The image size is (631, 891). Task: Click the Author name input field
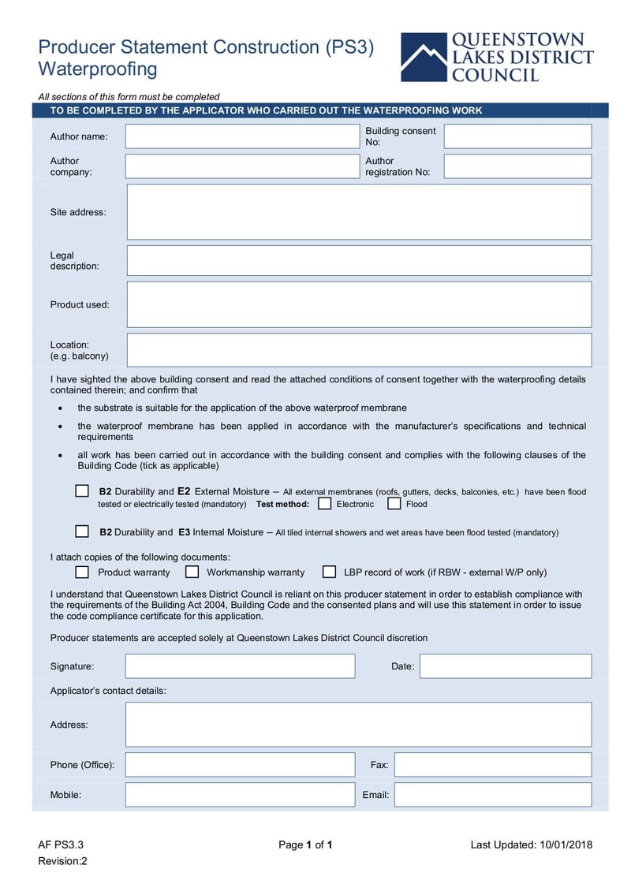(x=242, y=136)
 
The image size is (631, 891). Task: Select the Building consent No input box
(x=517, y=136)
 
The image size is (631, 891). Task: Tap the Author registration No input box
(x=517, y=166)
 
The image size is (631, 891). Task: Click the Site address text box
(x=359, y=212)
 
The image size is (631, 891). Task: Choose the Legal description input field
(x=359, y=261)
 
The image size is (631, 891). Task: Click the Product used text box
(x=359, y=304)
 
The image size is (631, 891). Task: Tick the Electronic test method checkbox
(x=324, y=504)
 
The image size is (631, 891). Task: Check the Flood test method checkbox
(x=394, y=504)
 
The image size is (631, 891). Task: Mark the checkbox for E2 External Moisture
(x=82, y=491)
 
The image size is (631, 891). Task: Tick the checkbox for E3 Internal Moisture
(x=82, y=531)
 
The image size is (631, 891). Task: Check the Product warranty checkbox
(x=82, y=572)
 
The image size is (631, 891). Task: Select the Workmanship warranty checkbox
(x=192, y=572)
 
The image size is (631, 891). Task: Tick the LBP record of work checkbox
(x=329, y=572)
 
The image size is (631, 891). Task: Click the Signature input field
(x=240, y=666)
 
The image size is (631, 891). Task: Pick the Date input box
(x=505, y=666)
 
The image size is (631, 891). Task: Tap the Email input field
(x=492, y=795)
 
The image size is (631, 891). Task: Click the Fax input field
(x=492, y=765)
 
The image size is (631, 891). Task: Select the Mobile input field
(x=240, y=795)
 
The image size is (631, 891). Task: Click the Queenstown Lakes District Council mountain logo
(x=424, y=57)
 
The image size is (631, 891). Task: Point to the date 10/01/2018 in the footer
(x=566, y=845)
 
